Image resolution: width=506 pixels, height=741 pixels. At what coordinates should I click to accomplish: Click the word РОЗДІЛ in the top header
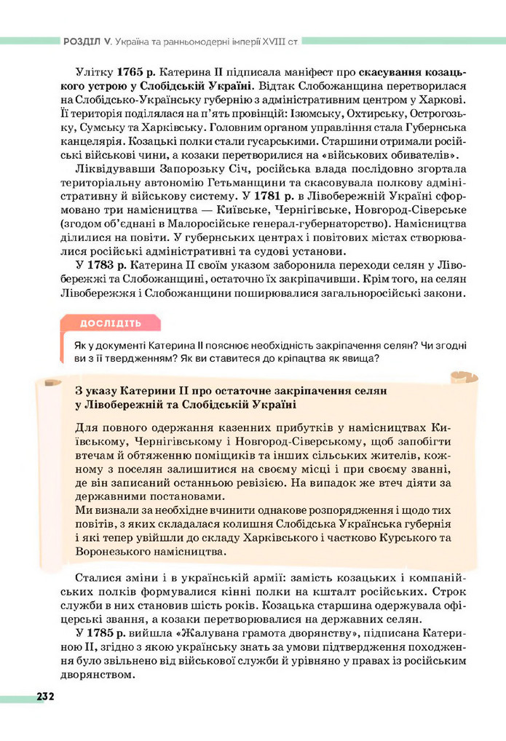click(83, 42)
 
